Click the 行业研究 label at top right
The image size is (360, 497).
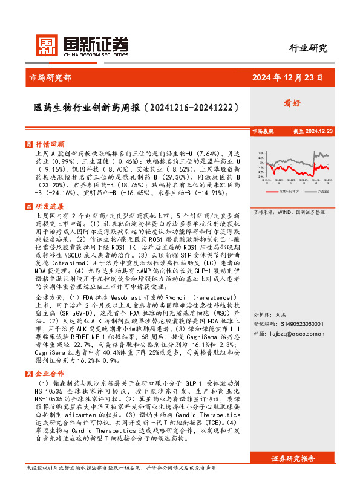309,48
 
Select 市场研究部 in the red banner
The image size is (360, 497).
50,77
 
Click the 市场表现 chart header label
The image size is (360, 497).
263,131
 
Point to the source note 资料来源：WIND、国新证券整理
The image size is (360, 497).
289,212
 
